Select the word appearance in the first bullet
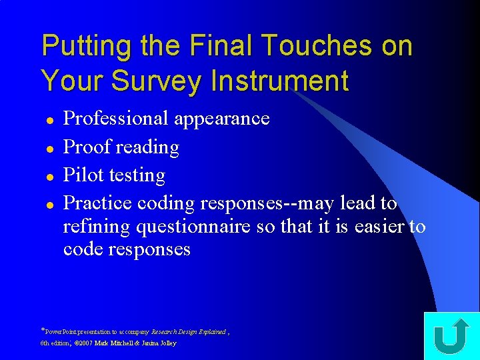click(x=221, y=119)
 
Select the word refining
click(x=97, y=227)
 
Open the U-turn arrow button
click(x=451, y=336)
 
